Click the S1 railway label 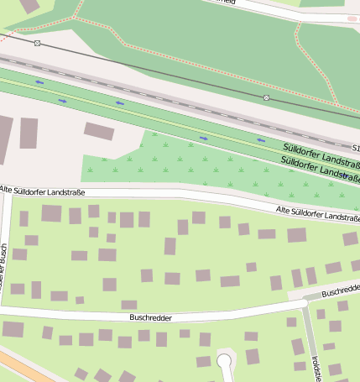(355, 148)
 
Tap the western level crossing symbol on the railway (37, 43)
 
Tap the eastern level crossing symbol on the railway (266, 98)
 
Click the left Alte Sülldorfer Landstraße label (43, 192)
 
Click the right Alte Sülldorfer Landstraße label (318, 213)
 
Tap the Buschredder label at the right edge (340, 290)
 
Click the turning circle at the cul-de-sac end (224, 361)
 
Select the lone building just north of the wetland (99, 131)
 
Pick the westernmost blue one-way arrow (39, 82)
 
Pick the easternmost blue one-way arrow (261, 139)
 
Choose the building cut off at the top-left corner (29, 5)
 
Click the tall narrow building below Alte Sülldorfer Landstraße (170, 246)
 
